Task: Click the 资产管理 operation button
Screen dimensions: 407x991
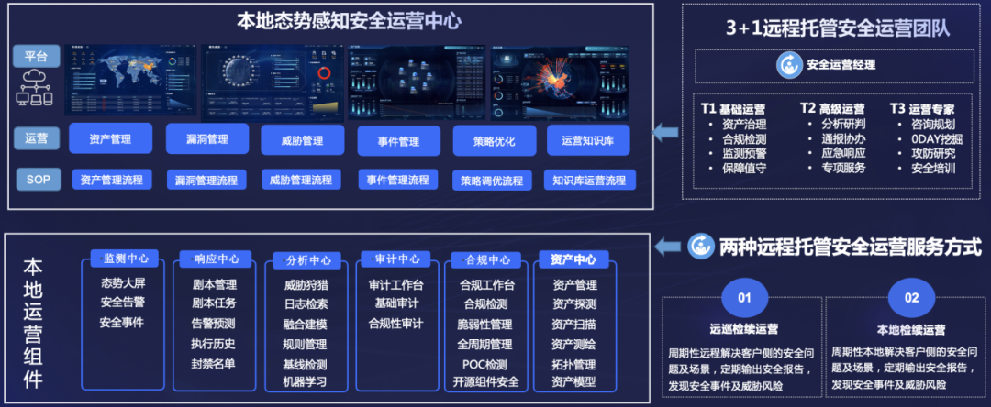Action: pos(110,140)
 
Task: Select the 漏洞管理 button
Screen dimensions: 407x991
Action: pos(208,139)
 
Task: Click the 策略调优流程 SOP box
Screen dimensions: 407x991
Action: pos(492,181)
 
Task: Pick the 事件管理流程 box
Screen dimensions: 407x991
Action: pos(397,180)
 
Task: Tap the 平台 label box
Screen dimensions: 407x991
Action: pos(37,56)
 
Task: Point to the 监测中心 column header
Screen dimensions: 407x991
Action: pos(126,258)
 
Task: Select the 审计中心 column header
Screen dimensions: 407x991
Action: pos(395,258)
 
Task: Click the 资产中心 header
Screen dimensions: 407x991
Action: pos(573,259)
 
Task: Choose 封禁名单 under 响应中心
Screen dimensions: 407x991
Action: pos(213,363)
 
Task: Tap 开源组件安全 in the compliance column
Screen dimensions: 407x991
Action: pos(486,381)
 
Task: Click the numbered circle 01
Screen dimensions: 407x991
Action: pos(744,297)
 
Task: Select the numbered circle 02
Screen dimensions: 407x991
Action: pos(911,297)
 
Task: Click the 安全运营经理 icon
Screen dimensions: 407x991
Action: pos(788,65)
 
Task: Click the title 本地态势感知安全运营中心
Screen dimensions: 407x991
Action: pos(349,20)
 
